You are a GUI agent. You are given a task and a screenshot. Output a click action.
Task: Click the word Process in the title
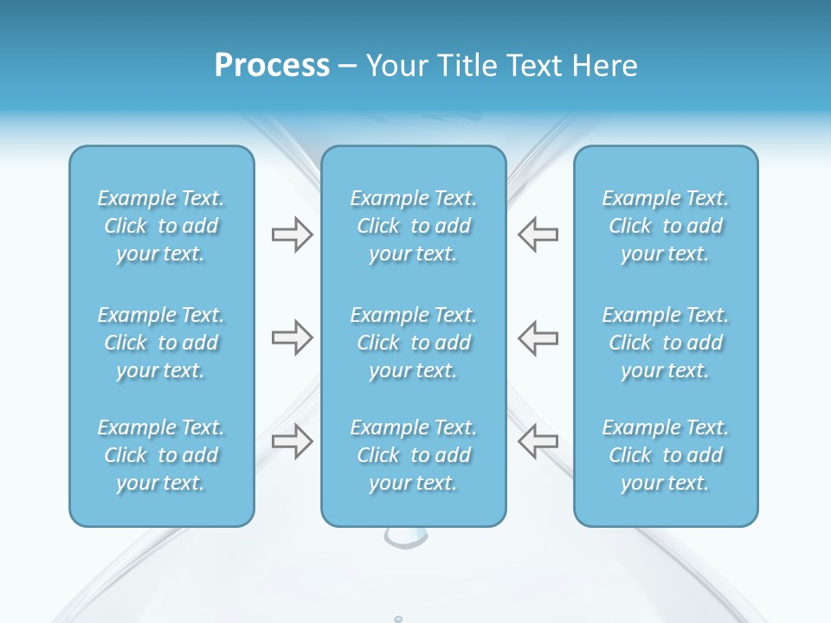point(272,66)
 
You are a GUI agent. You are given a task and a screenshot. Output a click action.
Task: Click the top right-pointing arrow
point(292,234)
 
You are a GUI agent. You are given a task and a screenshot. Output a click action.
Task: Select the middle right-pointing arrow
point(292,337)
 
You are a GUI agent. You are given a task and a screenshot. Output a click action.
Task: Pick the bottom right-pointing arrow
point(292,440)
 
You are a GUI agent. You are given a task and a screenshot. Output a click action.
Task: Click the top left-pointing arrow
point(538,234)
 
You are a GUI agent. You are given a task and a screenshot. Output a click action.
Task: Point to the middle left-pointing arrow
point(538,337)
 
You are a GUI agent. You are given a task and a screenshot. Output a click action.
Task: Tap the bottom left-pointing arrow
point(538,440)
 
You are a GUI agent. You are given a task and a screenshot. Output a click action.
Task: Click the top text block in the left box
point(161,226)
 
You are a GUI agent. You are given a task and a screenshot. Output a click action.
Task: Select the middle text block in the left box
point(161,343)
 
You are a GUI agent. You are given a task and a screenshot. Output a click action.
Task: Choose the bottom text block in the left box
point(161,455)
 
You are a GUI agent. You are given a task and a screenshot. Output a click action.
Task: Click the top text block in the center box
point(414,226)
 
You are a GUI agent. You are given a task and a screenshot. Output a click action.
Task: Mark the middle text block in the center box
point(414,343)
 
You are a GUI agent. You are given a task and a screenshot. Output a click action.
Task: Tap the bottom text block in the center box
point(414,455)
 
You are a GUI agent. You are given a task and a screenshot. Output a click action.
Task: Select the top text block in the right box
point(666,226)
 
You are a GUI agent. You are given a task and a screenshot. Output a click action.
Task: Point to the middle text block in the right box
point(666,343)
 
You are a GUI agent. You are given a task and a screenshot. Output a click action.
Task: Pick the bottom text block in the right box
point(666,455)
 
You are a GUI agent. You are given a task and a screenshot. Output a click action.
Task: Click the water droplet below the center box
point(405,538)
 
